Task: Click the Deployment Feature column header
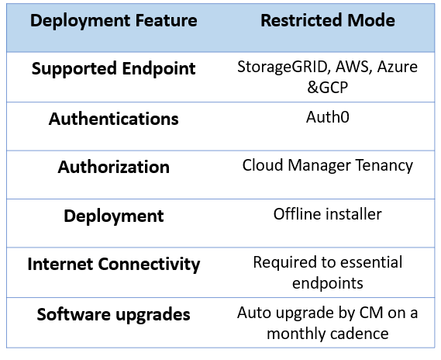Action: (x=114, y=21)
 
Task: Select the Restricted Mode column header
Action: (x=328, y=20)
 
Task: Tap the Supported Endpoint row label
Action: (x=114, y=69)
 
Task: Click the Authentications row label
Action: (x=114, y=119)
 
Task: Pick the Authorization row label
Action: (x=114, y=167)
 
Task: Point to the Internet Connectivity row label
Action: (x=114, y=265)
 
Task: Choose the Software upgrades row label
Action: (x=114, y=315)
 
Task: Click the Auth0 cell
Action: (x=328, y=117)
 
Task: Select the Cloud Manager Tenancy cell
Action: (x=328, y=166)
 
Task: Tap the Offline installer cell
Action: (x=328, y=214)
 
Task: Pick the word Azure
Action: (x=398, y=67)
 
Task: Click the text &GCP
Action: (x=328, y=88)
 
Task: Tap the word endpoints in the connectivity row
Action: (x=328, y=284)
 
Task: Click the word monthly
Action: (x=296, y=334)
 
